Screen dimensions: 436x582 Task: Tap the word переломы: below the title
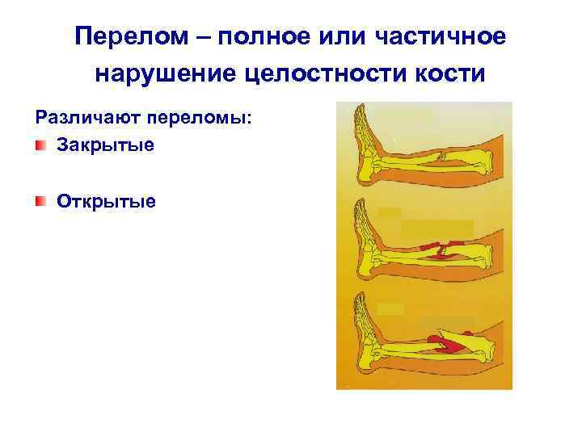click(199, 119)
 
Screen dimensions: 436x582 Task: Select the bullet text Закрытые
click(105, 147)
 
